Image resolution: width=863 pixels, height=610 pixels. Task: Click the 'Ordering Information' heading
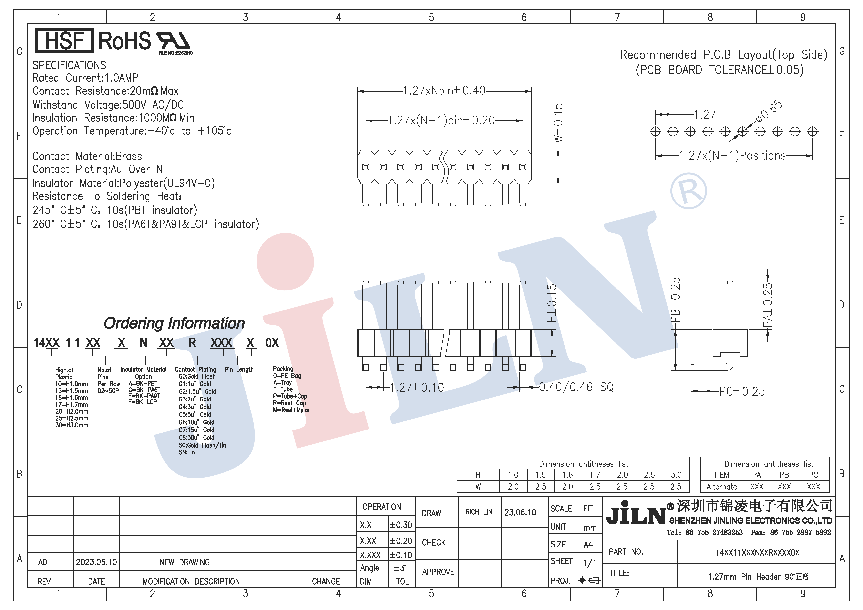coord(174,323)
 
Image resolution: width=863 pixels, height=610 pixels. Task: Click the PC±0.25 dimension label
coord(742,391)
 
